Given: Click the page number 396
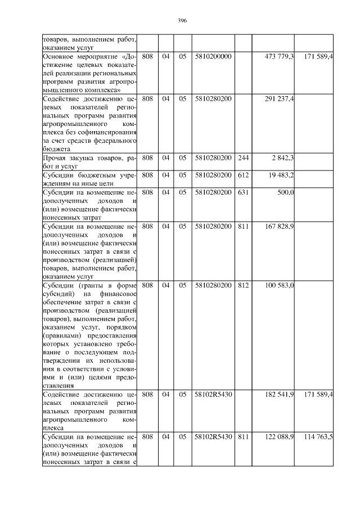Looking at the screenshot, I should pyautogui.click(x=182, y=20).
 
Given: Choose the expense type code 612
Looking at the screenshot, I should pyautogui.click(x=243, y=175).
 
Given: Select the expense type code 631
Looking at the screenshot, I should pyautogui.click(x=243, y=193).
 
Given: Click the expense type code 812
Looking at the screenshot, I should pyautogui.click(x=243, y=286).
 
